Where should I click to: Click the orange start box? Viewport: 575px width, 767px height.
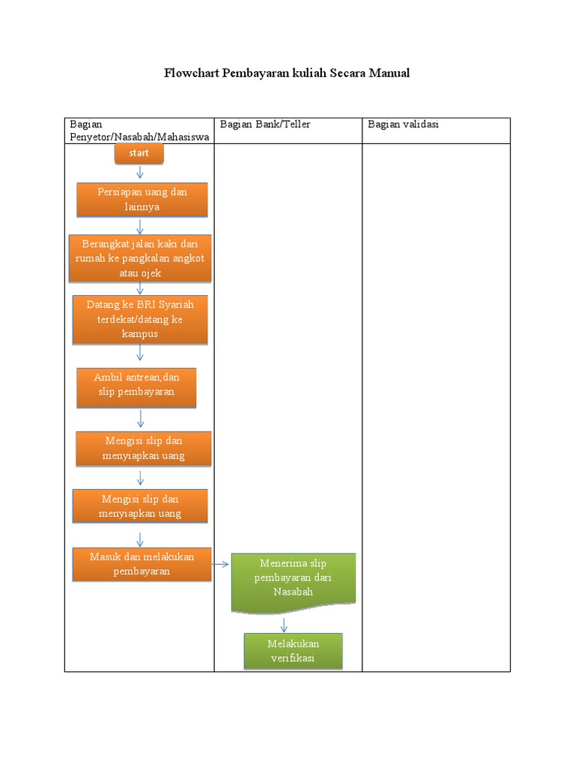139,154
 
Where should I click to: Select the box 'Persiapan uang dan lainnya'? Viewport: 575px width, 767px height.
142,199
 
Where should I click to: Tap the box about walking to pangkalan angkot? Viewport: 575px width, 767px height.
140,258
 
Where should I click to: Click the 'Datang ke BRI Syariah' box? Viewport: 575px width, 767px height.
140,320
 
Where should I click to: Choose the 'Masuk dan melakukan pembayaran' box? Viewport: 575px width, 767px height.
142,564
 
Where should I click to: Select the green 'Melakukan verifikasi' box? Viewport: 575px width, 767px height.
293,651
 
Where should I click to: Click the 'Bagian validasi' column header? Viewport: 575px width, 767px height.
403,124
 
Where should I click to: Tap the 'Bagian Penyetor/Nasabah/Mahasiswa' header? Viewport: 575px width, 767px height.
139,130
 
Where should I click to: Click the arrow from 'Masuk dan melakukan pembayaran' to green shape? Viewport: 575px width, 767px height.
221,564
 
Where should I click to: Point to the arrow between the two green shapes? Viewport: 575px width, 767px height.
284,625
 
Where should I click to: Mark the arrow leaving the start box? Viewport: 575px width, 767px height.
139,173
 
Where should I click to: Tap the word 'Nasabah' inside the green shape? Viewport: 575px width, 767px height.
293,592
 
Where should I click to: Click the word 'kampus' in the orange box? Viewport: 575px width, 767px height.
140,334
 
